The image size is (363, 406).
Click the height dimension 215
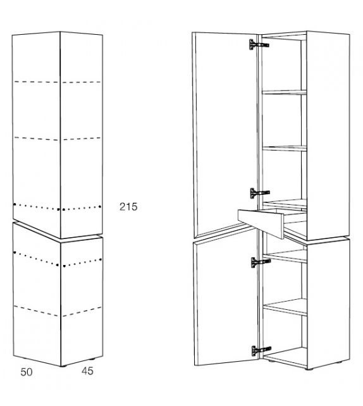point(128,207)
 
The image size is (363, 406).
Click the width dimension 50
point(27,372)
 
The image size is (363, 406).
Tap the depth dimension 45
point(87,371)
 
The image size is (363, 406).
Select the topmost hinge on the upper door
point(259,44)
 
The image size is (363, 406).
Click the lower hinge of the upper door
point(259,193)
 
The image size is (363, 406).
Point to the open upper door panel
point(225,134)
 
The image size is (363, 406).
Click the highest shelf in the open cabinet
point(285,92)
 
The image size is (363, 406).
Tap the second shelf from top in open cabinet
point(285,149)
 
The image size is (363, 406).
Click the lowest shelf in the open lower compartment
point(285,307)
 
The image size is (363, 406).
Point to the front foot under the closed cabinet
point(63,366)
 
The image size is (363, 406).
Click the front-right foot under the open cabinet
point(308,369)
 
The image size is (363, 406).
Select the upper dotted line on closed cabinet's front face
point(36,207)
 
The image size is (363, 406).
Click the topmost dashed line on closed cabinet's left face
point(36,82)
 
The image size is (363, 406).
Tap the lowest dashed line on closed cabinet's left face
point(36,311)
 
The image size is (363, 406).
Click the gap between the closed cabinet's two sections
point(58,230)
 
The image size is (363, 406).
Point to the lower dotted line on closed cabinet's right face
point(82,262)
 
